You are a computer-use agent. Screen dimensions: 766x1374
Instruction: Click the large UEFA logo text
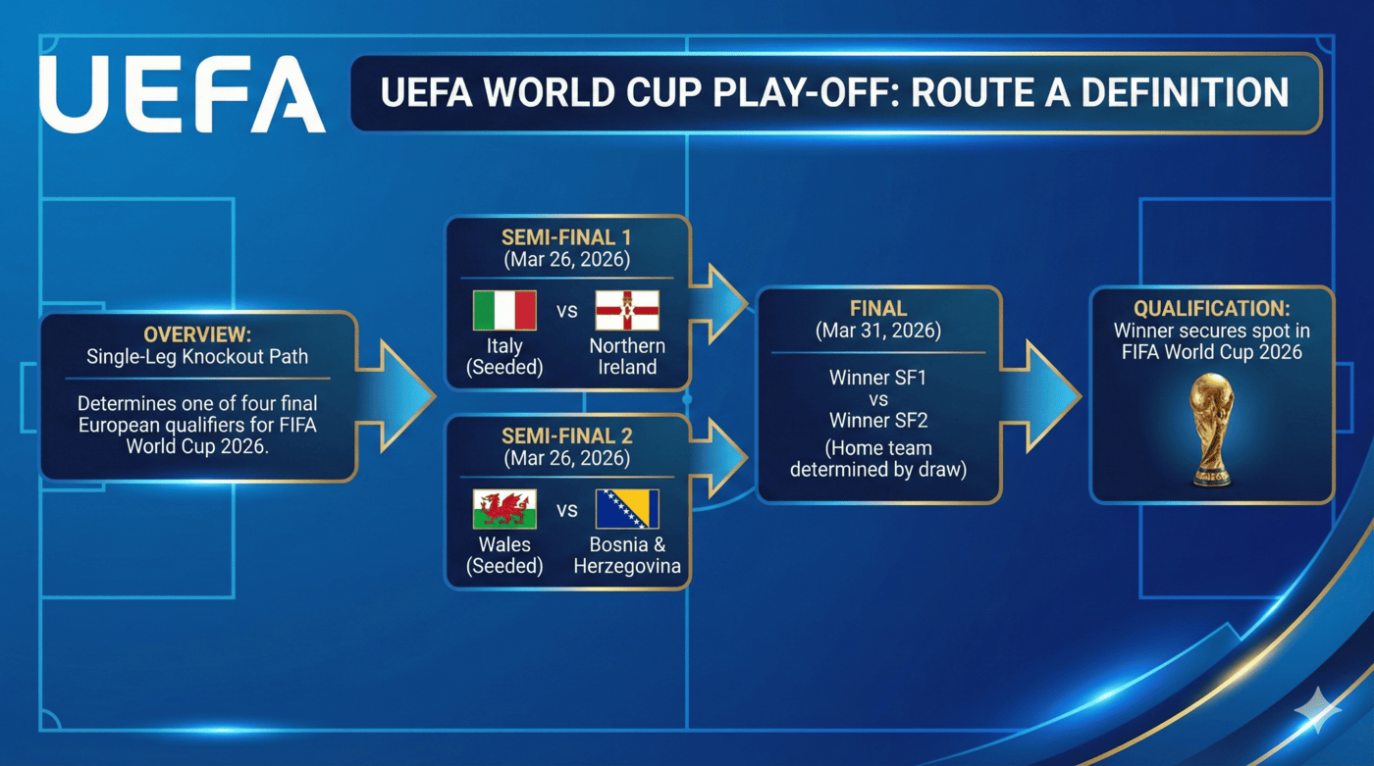[182, 94]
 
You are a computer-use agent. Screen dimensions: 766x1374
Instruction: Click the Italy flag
[504, 311]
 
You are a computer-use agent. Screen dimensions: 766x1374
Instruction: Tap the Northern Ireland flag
[627, 311]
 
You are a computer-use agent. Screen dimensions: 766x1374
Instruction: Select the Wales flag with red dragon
[504, 510]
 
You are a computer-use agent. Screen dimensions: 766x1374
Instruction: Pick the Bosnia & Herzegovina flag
[627, 510]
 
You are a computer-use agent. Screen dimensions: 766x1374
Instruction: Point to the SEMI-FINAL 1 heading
[567, 239]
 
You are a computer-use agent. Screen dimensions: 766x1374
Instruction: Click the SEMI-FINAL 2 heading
[567, 436]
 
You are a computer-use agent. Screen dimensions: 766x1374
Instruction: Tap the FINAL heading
[877, 309]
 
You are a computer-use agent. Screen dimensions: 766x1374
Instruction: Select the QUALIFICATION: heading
[1212, 309]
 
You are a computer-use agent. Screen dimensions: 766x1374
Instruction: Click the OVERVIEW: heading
[197, 334]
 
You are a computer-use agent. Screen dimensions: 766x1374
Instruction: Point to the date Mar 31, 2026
[877, 331]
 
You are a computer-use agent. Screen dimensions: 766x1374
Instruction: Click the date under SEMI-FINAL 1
[567, 261]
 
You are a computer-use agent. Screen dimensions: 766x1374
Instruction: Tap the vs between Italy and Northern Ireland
[567, 312]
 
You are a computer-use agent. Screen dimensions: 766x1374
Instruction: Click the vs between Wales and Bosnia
[567, 511]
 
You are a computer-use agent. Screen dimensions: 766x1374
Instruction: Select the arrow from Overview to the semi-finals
[397, 395]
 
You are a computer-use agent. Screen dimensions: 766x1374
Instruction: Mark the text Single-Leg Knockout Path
[197, 357]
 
